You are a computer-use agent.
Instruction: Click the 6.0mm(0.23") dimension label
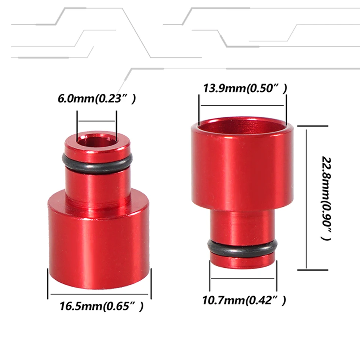point(97,99)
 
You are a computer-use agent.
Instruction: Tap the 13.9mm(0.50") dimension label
point(245,88)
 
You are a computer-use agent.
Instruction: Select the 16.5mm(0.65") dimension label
point(102,306)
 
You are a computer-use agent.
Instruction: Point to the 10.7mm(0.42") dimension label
point(244,300)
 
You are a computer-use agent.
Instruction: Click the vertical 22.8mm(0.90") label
point(326,198)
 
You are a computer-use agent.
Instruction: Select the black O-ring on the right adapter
point(243,248)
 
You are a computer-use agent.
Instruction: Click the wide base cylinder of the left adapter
point(99,239)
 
